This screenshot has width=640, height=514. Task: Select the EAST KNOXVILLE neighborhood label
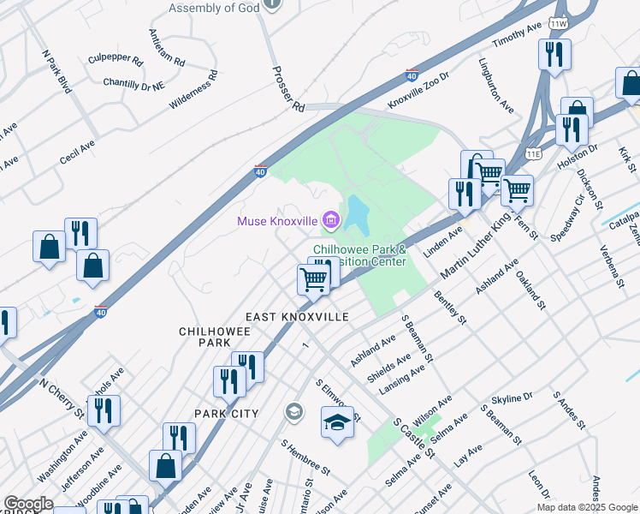coord(297,317)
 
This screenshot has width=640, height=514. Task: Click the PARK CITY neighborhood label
coord(226,414)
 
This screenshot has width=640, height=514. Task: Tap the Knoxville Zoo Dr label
coord(418,90)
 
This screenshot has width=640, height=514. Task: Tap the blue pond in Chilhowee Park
coord(357,215)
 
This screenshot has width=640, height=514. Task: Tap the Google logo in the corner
coord(28,505)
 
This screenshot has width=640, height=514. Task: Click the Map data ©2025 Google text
coord(586,507)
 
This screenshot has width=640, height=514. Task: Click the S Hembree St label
coord(306,459)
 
